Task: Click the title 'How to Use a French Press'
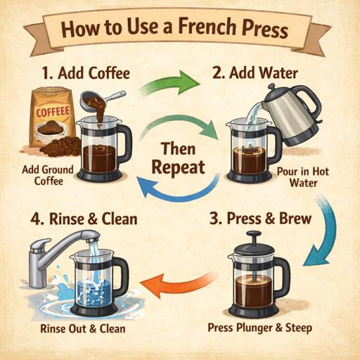click(179, 32)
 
